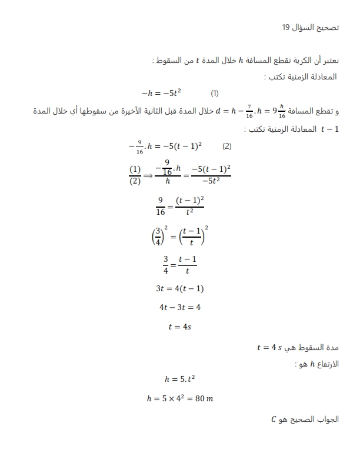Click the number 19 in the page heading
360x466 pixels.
286,28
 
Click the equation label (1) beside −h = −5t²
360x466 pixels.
215,94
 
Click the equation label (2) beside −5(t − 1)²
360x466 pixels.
226,146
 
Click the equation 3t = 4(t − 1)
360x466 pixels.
179,288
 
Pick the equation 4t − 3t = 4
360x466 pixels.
179,307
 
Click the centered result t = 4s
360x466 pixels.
179,327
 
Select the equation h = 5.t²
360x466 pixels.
180,378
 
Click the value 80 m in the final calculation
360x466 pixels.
204,398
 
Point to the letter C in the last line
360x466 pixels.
274,420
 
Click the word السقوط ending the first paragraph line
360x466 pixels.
167,61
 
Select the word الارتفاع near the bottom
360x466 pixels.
327,364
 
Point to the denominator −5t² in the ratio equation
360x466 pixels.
210,181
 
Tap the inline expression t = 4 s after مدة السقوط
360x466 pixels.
269,348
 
